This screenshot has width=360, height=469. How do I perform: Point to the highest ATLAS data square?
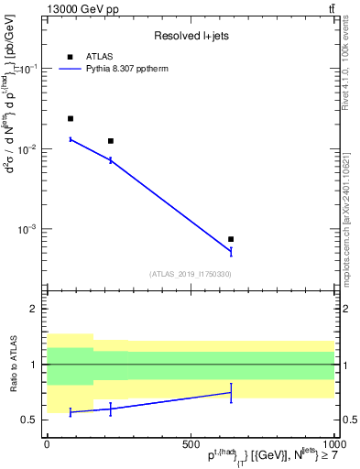pyautogui.click(x=71, y=119)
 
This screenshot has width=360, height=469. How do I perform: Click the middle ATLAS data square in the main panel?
pyautogui.click(x=111, y=141)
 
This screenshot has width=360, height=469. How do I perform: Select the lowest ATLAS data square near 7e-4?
pyautogui.click(x=231, y=239)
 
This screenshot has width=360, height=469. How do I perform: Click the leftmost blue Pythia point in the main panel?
pyautogui.click(x=71, y=139)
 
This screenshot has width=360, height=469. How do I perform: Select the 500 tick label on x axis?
pyautogui.click(x=191, y=443)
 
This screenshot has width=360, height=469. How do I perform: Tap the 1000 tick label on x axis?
pyautogui.click(x=333, y=443)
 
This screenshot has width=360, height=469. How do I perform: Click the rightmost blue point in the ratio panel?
pyautogui.click(x=231, y=392)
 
